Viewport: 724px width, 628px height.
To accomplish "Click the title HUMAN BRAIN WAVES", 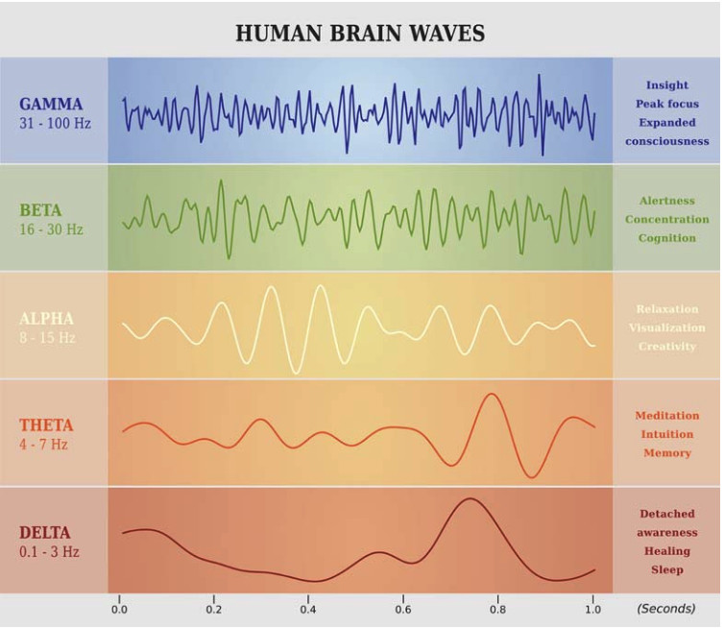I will (360, 34).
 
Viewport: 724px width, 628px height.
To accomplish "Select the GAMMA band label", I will (51, 104).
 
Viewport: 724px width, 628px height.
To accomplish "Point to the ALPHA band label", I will (46, 318).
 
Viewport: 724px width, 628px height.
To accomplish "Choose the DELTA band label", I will (46, 533).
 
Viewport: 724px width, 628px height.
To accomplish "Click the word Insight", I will (666, 85).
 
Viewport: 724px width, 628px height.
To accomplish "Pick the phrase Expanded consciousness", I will (666, 132).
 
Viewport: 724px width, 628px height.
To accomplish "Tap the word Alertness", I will (666, 201).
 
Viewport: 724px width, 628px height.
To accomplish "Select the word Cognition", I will (666, 238).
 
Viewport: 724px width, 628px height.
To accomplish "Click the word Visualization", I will (666, 327).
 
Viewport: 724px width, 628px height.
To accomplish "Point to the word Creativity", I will (666, 346).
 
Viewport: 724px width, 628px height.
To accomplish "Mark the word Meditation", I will (666, 416).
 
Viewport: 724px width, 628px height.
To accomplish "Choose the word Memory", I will (666, 453).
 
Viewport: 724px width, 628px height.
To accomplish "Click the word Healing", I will (666, 551).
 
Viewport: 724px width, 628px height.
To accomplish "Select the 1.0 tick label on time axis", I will (592, 609).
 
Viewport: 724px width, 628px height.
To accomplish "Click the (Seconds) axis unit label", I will (665, 609).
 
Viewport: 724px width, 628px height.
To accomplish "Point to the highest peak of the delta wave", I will (470, 499).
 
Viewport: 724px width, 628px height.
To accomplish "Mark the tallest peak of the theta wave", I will (493, 394).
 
